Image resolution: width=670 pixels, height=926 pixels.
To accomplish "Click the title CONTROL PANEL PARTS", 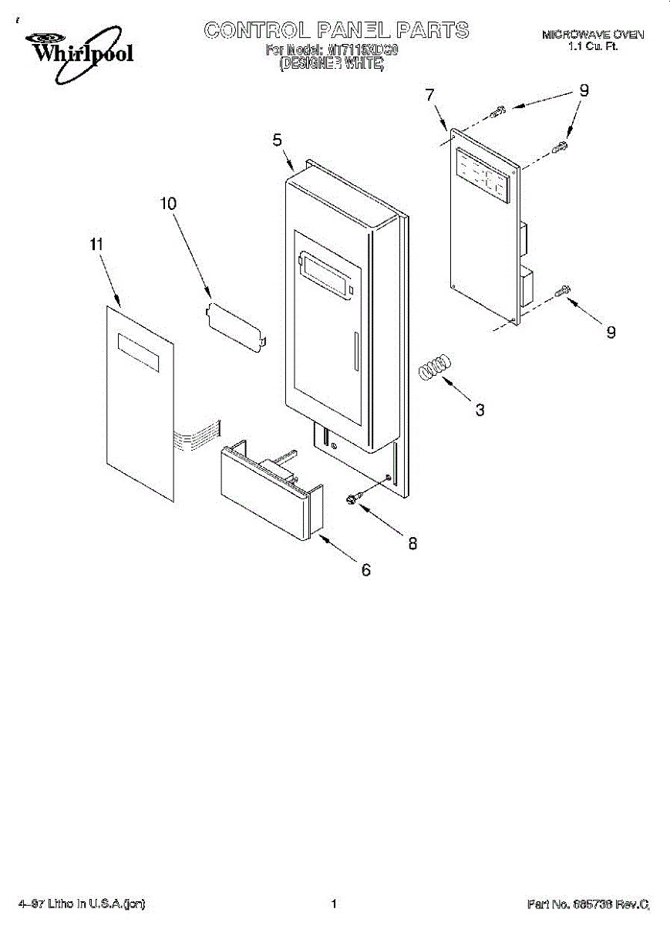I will (335, 31).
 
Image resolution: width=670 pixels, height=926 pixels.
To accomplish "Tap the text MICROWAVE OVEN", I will (592, 35).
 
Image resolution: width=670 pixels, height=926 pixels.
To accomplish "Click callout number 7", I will (429, 95).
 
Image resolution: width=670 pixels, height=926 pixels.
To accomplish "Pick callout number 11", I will (96, 245).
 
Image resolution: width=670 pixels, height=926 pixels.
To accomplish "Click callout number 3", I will (480, 410).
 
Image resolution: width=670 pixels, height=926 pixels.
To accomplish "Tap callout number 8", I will (412, 543).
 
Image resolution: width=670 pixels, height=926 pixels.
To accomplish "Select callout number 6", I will (365, 570).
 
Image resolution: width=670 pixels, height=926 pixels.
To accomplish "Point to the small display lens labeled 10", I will (237, 326).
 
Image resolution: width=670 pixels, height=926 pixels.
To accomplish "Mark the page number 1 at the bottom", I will (334, 903).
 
